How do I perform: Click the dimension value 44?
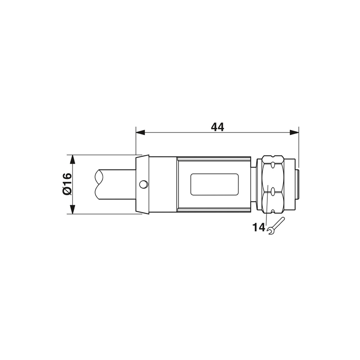tap(217, 127)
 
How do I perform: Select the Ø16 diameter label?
tap(67, 184)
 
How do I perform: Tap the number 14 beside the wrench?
tap(258, 227)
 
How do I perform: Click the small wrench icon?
tap(276, 226)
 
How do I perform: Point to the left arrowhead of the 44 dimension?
tap(140, 132)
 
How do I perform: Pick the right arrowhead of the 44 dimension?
tap(294, 132)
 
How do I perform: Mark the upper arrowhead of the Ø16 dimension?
tap(72, 160)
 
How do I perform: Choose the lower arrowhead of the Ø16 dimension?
tap(72, 210)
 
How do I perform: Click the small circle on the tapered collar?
tap(144, 184)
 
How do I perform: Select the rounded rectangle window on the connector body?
tap(215, 184)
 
